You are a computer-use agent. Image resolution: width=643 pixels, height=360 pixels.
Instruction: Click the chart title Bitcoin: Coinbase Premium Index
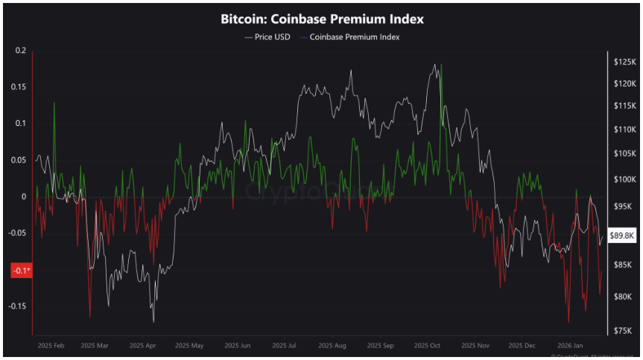click(x=322, y=17)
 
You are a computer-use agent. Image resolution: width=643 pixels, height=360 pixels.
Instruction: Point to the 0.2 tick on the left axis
click(x=20, y=51)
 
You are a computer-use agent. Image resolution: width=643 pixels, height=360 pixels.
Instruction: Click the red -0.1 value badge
click(x=20, y=271)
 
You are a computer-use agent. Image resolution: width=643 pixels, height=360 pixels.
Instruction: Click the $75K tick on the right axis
click(x=622, y=330)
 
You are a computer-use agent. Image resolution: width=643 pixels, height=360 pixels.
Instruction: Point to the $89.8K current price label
click(x=621, y=236)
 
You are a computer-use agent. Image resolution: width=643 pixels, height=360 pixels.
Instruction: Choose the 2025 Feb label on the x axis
click(x=51, y=346)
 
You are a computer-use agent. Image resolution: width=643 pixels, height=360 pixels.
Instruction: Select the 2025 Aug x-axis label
click(x=331, y=346)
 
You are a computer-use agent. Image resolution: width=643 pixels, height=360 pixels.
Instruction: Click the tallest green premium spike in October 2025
click(x=441, y=66)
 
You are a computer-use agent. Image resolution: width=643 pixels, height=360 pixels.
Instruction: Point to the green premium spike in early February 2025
click(x=54, y=104)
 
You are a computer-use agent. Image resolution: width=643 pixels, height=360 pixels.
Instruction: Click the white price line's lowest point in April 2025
click(x=153, y=321)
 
